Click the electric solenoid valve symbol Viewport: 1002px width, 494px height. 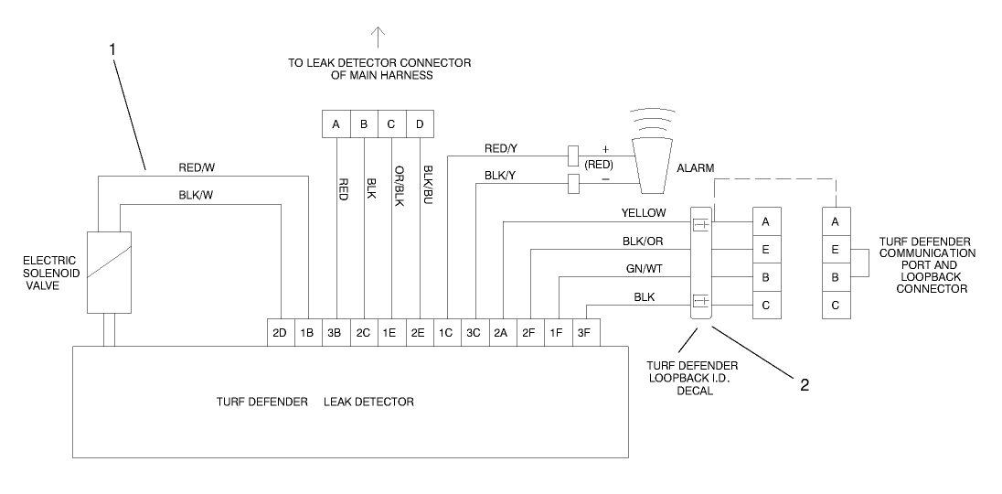point(109,272)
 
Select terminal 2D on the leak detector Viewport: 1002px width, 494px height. point(279,334)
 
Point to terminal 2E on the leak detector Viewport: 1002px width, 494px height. point(420,334)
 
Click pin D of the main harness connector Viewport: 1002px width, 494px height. point(420,123)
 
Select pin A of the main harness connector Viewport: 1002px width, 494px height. point(336,123)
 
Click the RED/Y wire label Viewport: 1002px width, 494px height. point(500,147)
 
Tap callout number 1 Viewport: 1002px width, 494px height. point(112,49)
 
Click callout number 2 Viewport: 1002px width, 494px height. point(804,385)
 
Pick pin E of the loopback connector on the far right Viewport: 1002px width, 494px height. point(835,249)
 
